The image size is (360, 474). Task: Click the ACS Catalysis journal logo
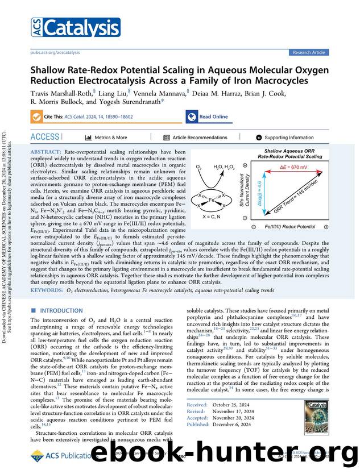point(66,27)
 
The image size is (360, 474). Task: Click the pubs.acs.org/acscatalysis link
point(54,52)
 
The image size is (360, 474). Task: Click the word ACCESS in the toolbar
point(44,137)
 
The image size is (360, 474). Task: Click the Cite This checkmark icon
point(36,117)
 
